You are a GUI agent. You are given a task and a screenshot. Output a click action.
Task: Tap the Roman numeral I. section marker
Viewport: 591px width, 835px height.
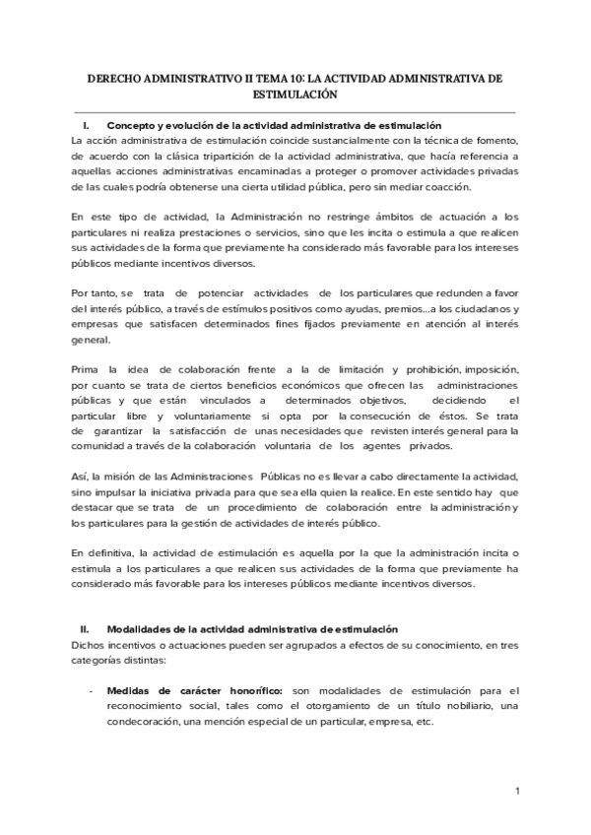point(87,125)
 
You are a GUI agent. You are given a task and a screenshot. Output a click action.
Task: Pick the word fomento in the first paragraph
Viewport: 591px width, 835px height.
point(492,140)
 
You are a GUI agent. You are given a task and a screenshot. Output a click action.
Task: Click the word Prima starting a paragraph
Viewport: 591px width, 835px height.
point(87,368)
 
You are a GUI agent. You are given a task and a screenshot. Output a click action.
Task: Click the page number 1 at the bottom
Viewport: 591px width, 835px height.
point(517,790)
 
